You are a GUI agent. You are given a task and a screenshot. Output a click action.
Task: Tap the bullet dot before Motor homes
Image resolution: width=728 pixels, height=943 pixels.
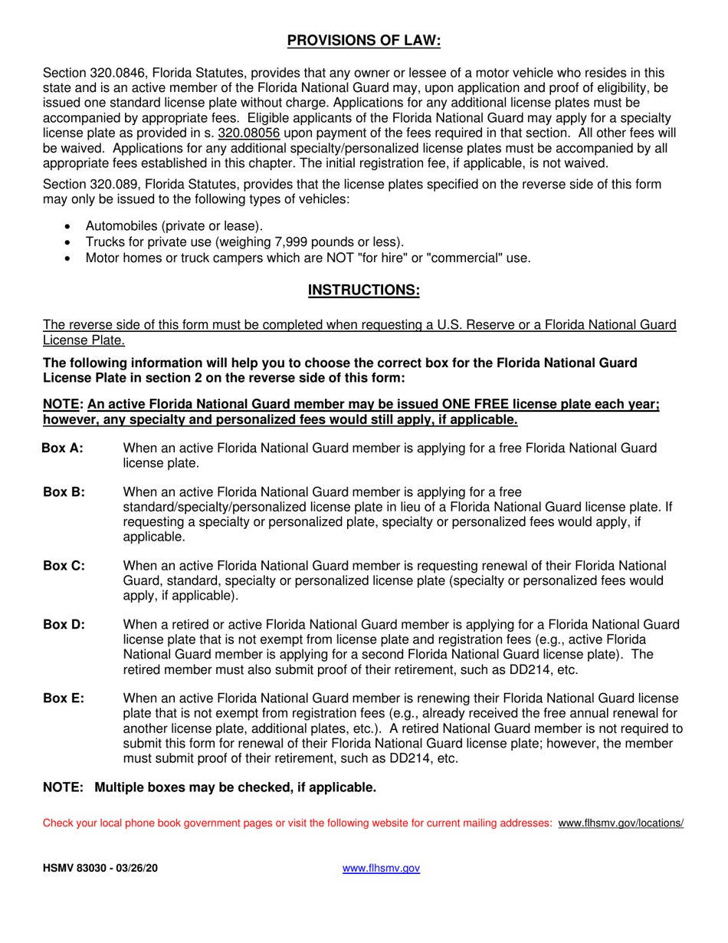click(x=70, y=258)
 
